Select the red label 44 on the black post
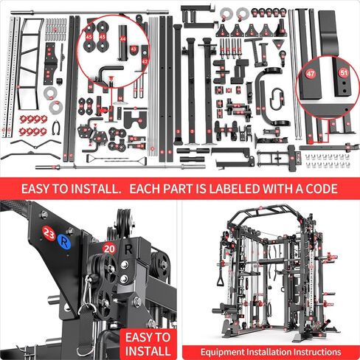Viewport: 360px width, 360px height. coord(123,32)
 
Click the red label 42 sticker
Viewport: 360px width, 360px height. coord(145,62)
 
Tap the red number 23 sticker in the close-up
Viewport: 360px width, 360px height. coord(49,234)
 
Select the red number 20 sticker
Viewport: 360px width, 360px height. coord(108,249)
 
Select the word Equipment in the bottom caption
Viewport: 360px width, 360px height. coord(226,352)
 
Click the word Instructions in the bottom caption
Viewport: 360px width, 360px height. coord(315,352)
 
